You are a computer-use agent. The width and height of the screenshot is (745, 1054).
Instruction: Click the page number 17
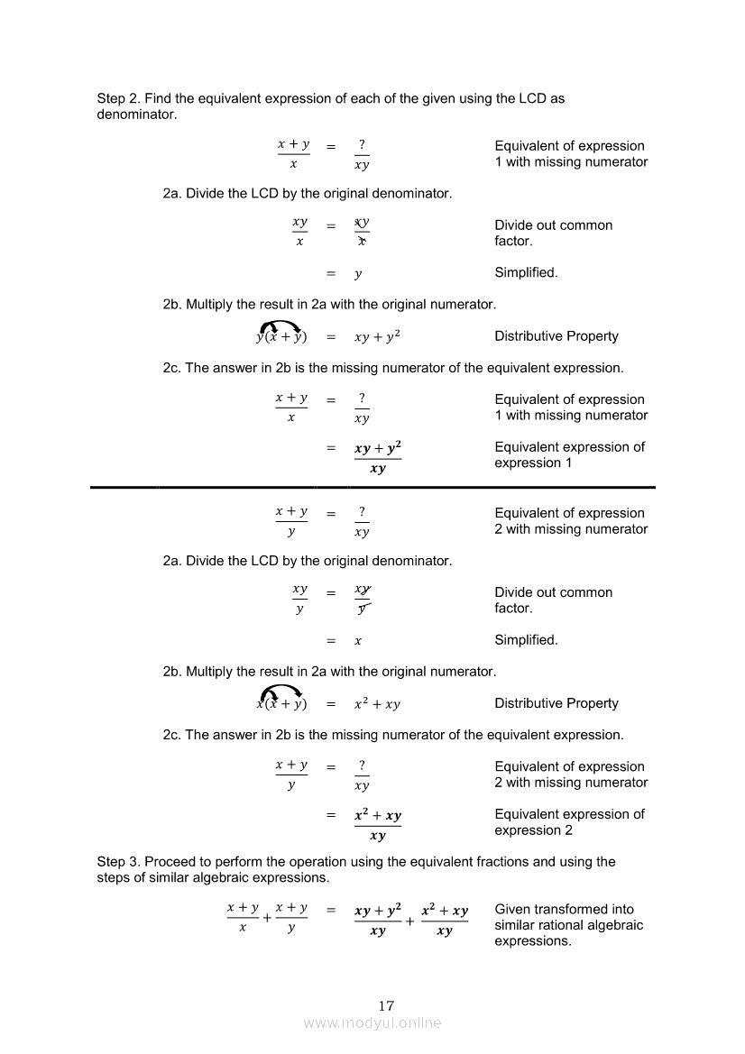point(387,1005)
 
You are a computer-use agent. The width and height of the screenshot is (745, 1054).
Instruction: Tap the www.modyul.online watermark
point(372,1023)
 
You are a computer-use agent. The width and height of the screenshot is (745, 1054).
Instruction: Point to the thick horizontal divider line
point(372,487)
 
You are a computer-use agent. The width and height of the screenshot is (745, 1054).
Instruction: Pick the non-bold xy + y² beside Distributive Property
point(377,337)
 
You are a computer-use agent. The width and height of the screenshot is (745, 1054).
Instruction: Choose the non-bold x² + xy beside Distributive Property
point(377,704)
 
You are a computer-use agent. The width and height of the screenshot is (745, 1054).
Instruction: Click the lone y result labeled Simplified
point(358,274)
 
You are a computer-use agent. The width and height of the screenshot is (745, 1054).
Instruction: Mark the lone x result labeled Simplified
point(358,641)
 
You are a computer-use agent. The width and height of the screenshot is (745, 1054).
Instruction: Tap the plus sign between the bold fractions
point(411,921)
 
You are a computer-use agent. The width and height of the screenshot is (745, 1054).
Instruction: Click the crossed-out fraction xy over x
point(362,232)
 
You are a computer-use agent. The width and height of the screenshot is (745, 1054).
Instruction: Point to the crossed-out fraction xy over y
point(362,599)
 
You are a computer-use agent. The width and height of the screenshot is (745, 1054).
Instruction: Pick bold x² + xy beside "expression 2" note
point(378,815)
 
